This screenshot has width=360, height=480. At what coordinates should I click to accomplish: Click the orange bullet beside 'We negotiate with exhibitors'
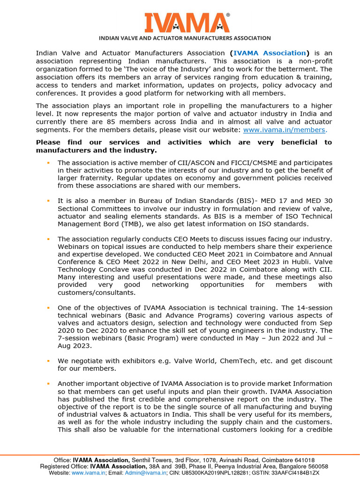click(48, 360)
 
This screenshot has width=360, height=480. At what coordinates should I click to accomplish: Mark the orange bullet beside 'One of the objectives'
click(48, 307)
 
